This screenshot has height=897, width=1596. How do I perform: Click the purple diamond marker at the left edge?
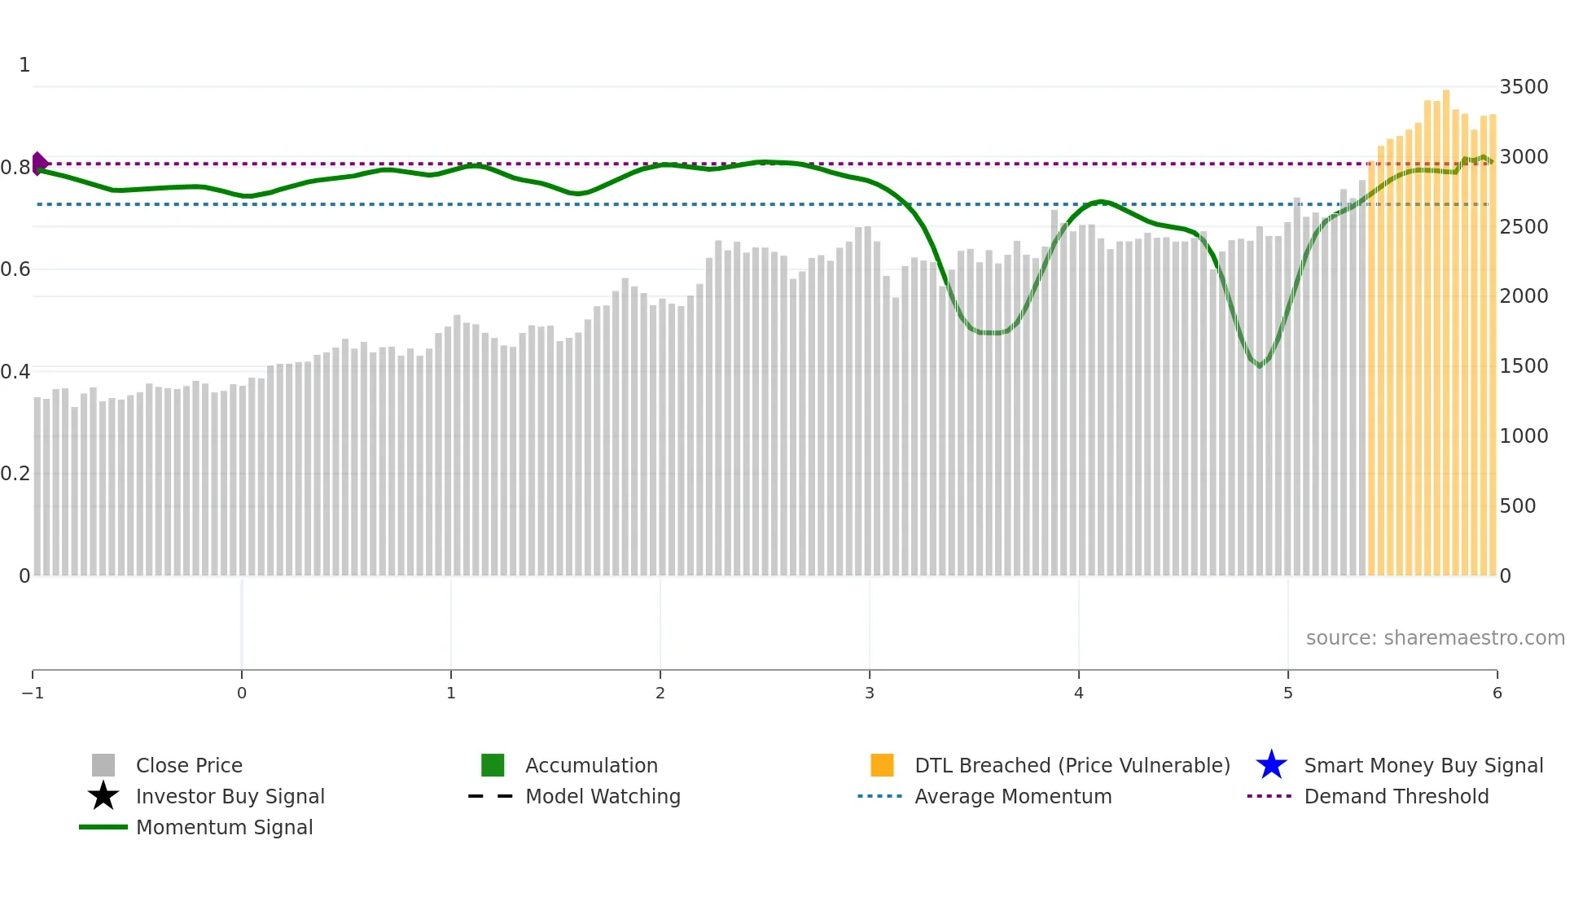[39, 163]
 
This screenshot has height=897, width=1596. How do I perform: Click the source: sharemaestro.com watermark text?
[1435, 638]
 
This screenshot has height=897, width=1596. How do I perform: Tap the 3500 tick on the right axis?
[1524, 87]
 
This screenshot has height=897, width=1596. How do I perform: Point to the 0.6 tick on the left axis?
[15, 269]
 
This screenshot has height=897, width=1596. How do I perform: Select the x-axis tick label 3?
[870, 694]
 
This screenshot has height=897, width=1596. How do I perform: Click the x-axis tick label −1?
[33, 694]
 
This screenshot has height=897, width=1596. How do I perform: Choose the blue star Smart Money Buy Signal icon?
[1271, 765]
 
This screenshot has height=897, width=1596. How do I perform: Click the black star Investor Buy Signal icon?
[103, 796]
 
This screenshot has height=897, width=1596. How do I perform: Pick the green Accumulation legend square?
[493, 765]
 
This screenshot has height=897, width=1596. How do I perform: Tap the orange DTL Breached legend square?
[882, 765]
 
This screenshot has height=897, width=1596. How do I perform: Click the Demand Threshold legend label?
[1396, 796]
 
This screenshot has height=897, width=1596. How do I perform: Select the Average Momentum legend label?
[1013, 796]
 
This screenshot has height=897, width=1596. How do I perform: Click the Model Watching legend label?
[603, 796]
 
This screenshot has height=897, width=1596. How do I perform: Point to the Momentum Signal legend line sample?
[103, 827]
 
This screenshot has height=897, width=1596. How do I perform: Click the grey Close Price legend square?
[103, 765]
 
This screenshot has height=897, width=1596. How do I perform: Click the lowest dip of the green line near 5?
[1260, 366]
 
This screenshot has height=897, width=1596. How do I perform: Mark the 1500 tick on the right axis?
[1524, 366]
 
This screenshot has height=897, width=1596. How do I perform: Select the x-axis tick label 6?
[1497, 694]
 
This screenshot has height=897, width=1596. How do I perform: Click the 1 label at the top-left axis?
[24, 65]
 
